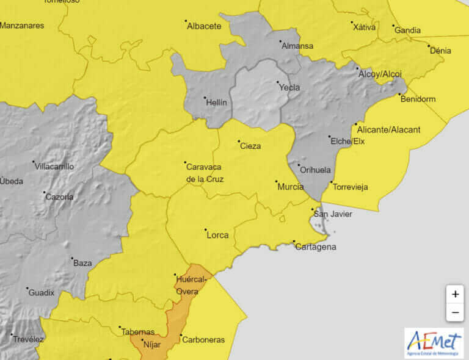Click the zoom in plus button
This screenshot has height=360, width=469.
(455, 294)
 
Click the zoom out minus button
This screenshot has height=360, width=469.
(455, 312)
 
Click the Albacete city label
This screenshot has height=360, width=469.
(203, 26)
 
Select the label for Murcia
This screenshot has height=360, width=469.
(291, 187)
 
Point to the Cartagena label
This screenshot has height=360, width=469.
(315, 247)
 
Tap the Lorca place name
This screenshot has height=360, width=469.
(217, 235)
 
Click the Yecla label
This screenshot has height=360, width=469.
(289, 87)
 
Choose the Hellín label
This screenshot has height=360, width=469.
(216, 103)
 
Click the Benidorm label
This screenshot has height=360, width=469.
(418, 99)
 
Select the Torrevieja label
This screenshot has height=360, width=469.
(350, 187)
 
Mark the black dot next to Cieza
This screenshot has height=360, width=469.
(238, 141)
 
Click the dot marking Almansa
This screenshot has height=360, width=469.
(281, 41)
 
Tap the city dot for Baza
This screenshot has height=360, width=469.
(72, 258)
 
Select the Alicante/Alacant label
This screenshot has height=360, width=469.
(389, 129)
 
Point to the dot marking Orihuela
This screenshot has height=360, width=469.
(299, 165)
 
